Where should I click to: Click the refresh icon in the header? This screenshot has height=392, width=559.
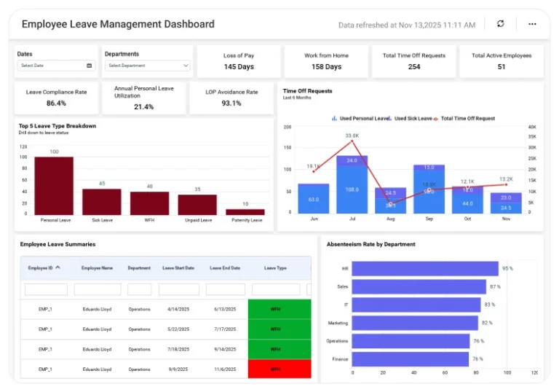click(x=500, y=24)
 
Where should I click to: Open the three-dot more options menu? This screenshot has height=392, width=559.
click(x=532, y=24)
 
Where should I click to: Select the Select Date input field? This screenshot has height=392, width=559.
click(x=57, y=66)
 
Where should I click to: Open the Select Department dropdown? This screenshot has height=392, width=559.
click(x=148, y=66)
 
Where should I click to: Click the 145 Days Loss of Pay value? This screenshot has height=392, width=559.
click(x=239, y=67)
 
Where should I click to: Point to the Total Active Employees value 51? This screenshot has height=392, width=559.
click(x=501, y=67)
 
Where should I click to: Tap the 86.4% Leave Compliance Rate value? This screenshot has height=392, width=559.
click(x=56, y=103)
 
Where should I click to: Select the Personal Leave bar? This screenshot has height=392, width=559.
click(x=54, y=185)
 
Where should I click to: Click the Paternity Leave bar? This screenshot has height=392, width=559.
click(x=245, y=212)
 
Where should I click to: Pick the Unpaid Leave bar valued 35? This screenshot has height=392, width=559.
click(x=197, y=204)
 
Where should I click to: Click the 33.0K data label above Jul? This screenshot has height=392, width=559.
click(x=352, y=136)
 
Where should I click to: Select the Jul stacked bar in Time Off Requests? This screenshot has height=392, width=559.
click(x=352, y=186)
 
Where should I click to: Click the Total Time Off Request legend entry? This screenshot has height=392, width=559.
click(x=469, y=118)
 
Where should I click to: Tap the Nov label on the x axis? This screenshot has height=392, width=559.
click(x=505, y=219)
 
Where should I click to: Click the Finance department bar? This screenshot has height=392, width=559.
click(x=411, y=359)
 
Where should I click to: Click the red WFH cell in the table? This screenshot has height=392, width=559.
click(x=276, y=369)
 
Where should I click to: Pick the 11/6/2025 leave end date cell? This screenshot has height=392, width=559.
click(x=226, y=369)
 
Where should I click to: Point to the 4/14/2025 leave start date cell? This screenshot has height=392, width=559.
click(x=179, y=309)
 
